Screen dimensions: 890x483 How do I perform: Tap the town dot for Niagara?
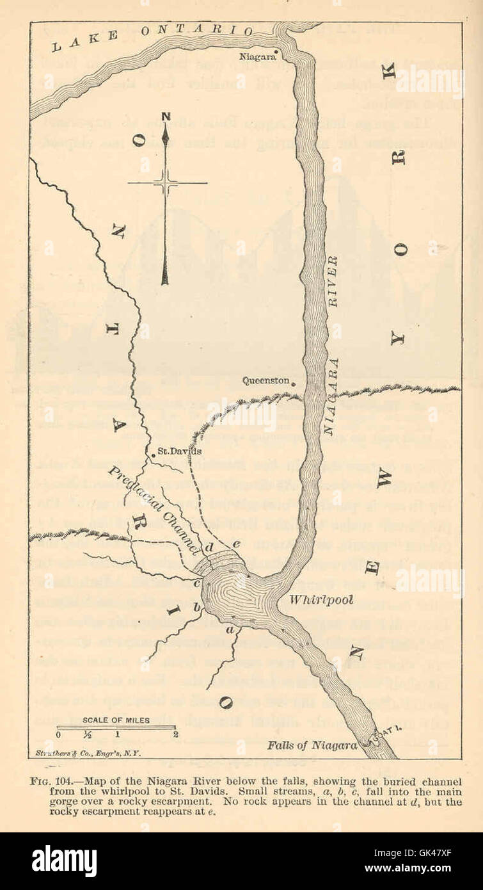[276, 51]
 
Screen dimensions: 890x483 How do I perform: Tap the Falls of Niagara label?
[312, 745]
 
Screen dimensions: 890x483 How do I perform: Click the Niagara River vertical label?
[331, 346]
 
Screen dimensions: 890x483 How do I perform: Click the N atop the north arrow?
[166, 117]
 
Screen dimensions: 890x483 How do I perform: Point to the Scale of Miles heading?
[116, 720]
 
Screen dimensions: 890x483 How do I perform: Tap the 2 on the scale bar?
[175, 734]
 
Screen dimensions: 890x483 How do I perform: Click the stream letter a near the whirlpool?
[230, 631]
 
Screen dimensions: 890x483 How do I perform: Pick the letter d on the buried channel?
[211, 548]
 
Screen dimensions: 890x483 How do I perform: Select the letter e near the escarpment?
[235, 544]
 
